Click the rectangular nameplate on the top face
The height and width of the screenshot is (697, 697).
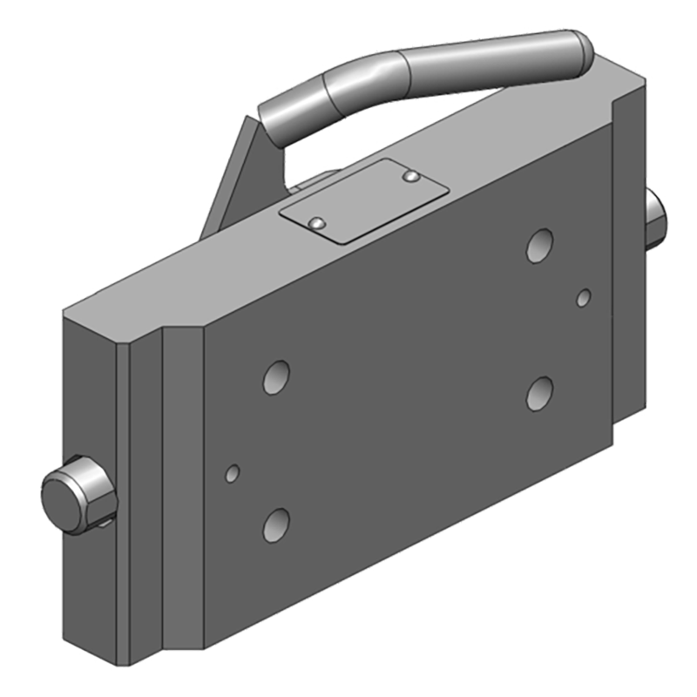point(362,200)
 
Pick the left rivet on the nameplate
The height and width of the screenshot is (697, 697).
point(318,223)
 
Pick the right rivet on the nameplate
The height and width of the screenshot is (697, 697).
point(411,178)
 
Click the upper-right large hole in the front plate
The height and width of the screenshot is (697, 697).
point(540,245)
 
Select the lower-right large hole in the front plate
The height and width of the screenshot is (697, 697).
point(540,392)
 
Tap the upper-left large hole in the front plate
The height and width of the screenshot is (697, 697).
point(276,376)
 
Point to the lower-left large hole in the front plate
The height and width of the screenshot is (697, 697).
point(276,524)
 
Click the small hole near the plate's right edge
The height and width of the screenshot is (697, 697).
point(585,299)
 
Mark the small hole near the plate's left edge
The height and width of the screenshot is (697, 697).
point(232,474)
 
